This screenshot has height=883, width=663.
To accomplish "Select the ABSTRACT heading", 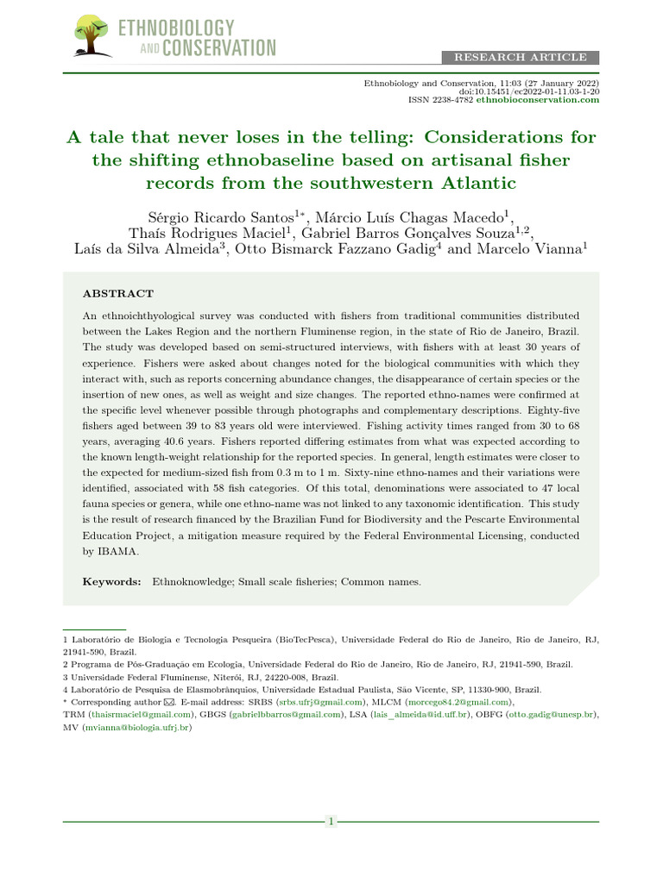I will [118, 294].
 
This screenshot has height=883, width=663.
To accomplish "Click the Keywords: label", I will [112, 582].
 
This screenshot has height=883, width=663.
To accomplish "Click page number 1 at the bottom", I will [331, 822].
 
